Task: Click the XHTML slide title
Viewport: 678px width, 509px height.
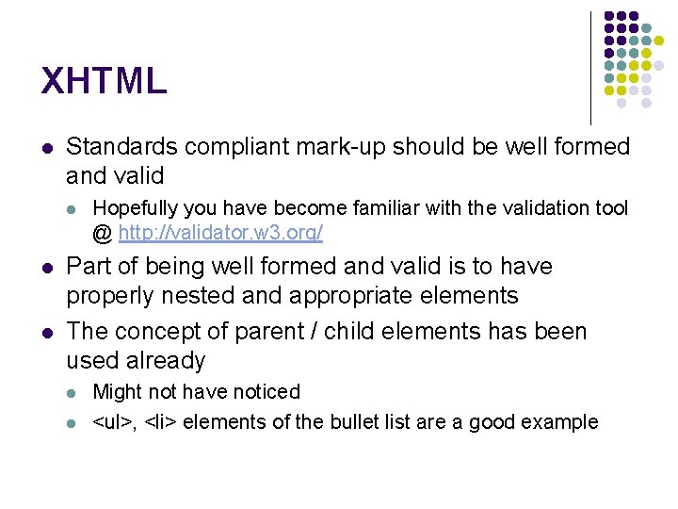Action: (104, 81)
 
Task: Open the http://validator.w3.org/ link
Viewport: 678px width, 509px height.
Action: (220, 232)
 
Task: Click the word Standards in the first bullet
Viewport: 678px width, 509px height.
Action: (122, 147)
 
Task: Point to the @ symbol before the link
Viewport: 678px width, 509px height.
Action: (103, 232)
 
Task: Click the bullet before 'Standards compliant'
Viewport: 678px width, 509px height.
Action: (48, 148)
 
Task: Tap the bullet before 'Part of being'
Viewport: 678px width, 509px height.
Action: (48, 268)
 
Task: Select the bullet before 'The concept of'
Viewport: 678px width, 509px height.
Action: (48, 333)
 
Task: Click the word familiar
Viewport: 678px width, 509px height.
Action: (379, 207)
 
